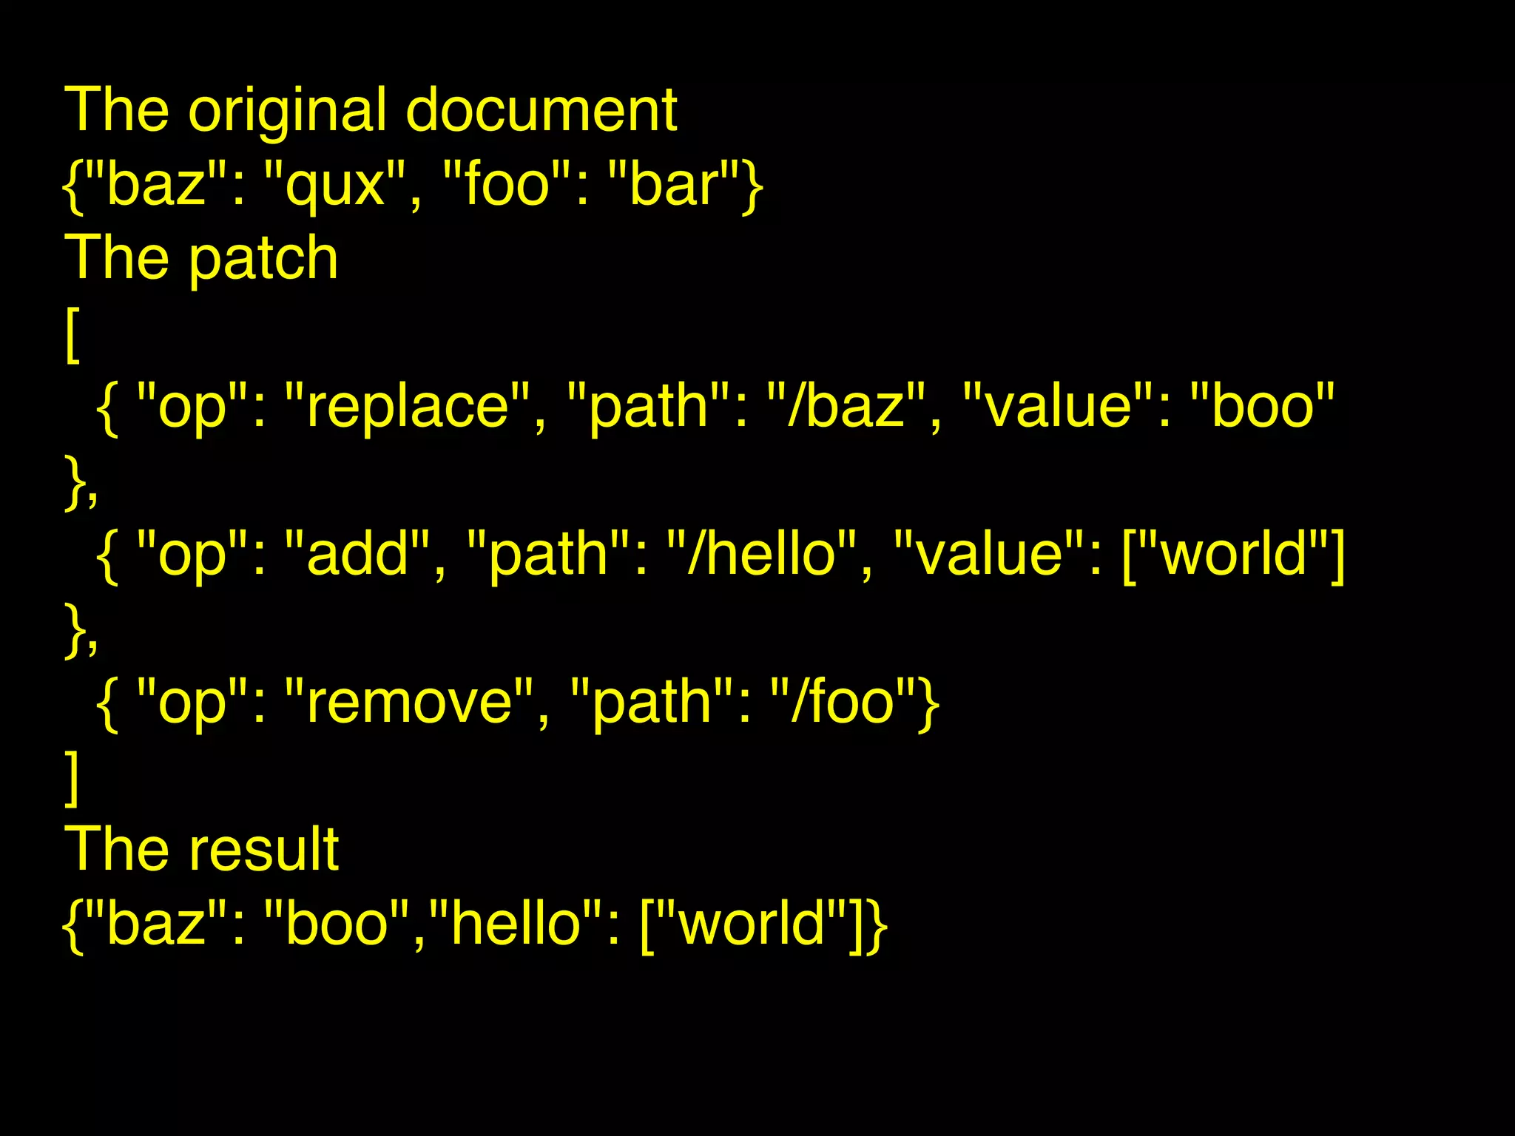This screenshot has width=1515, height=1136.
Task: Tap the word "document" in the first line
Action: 541,111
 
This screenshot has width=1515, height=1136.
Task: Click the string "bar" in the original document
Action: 673,184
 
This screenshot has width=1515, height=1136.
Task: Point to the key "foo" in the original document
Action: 507,184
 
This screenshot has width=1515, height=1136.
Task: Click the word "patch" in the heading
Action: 263,258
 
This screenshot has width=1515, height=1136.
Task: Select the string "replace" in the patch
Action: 408,406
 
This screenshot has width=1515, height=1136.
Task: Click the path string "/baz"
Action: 846,406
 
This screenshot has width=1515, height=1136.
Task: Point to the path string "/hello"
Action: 761,554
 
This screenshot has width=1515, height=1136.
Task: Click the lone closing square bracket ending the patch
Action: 72,777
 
